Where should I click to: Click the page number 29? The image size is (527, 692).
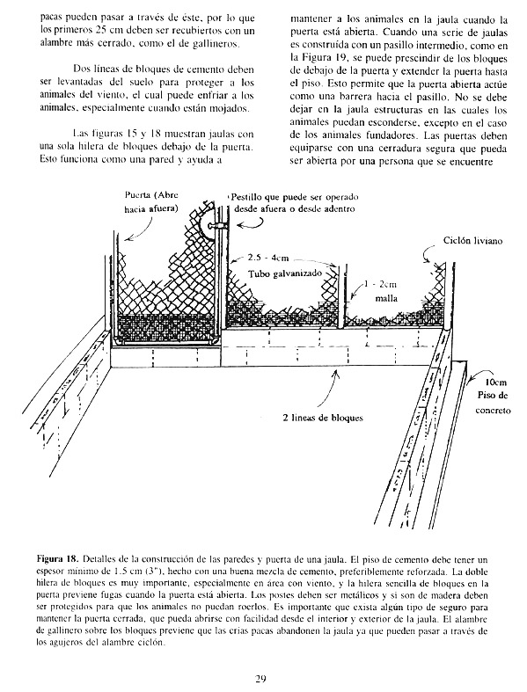click(x=260, y=678)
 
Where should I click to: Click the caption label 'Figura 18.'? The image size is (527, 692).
click(x=58, y=559)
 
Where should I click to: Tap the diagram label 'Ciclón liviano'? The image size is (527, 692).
click(x=472, y=241)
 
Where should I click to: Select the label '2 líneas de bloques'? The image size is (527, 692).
click(x=323, y=418)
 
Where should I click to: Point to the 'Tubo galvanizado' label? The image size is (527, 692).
click(x=285, y=273)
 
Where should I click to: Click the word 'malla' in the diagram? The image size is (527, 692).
click(x=386, y=298)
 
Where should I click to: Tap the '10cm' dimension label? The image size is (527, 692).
click(x=492, y=382)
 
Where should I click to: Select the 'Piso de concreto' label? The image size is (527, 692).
click(x=493, y=403)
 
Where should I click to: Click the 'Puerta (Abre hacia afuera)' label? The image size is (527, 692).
click(x=151, y=202)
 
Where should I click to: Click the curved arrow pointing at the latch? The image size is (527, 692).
click(x=249, y=226)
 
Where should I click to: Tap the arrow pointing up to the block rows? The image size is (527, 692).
click(x=328, y=388)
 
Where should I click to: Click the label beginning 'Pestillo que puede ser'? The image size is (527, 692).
click(x=294, y=203)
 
